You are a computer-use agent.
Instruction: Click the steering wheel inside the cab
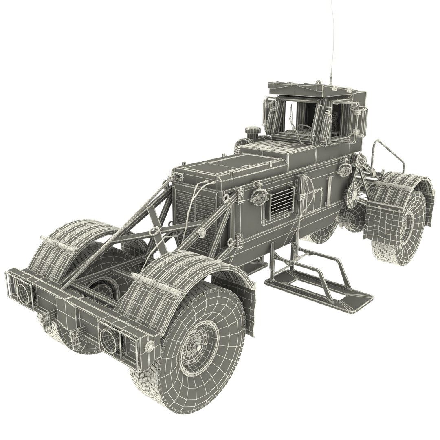coord(303,127)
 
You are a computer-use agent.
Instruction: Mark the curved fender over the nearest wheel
coord(163,285)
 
